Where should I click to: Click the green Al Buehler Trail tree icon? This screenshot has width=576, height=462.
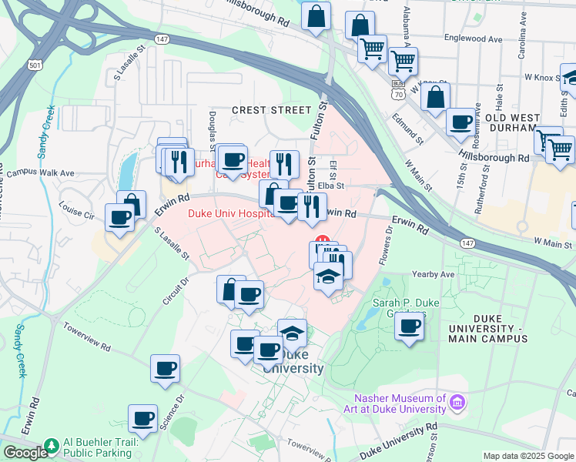coord(52,446)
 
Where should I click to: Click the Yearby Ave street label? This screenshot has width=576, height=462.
coord(434,274)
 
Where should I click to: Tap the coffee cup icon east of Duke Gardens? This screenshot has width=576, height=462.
coord(410,326)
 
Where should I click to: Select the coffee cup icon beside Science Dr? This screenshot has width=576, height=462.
coord(142,419)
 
